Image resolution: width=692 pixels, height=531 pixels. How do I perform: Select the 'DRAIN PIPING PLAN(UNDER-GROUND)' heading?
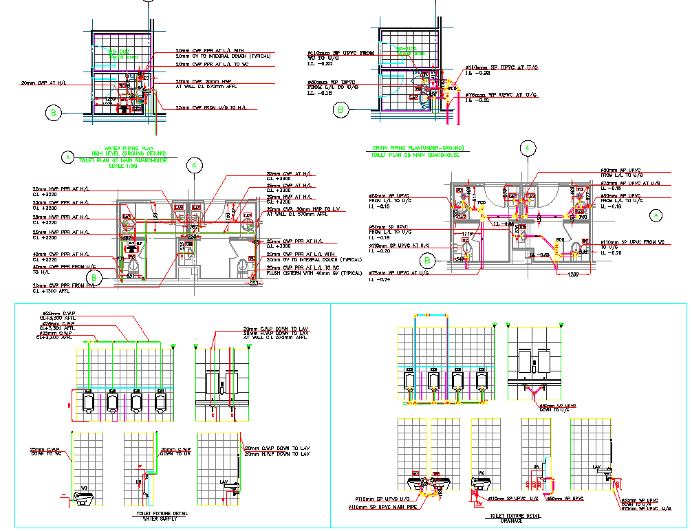418,148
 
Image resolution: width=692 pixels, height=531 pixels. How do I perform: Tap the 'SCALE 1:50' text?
124,165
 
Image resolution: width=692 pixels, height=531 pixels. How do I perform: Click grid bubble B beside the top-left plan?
52,113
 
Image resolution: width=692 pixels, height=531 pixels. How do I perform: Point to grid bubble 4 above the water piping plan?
195,165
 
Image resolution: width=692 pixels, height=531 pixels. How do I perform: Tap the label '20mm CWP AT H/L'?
44,83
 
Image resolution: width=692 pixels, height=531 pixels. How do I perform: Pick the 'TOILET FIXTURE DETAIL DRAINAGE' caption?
514,517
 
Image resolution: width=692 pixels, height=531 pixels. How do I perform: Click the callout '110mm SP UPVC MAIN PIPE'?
382,507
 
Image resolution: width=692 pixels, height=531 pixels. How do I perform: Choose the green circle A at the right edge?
656,215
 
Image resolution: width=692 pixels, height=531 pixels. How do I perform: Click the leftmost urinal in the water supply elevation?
87,402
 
